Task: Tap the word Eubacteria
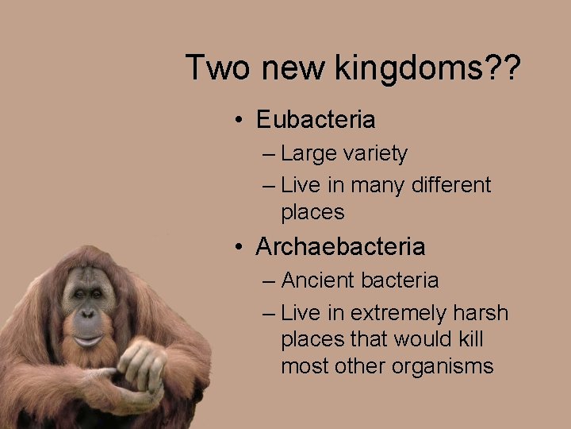316,120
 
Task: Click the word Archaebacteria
340,247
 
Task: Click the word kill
470,339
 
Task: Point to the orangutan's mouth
88,339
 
